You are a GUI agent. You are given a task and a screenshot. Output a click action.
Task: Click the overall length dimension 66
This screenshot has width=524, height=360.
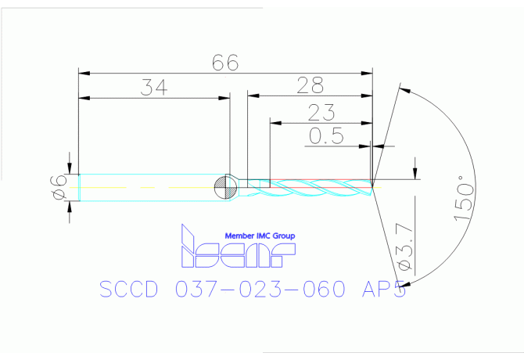pos(225,63)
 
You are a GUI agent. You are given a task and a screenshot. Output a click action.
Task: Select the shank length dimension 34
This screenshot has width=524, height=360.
pos(154,87)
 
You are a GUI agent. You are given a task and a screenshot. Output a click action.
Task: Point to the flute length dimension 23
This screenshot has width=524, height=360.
pos(321,111)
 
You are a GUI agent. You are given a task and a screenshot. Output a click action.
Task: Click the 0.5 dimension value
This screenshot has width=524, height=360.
pos(326,136)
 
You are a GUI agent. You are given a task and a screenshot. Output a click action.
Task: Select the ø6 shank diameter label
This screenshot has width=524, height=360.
pos(56,188)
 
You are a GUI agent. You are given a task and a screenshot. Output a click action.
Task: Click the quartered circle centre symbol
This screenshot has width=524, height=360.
pos(225,187)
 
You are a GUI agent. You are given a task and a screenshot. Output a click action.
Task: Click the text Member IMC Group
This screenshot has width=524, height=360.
pos(260,236)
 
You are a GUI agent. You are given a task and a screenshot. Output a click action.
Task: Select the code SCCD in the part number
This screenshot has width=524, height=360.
pos(129,290)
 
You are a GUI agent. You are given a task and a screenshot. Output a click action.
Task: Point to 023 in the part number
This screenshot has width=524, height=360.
pos(257,290)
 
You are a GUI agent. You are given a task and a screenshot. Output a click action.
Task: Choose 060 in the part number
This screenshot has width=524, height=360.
pos(318,290)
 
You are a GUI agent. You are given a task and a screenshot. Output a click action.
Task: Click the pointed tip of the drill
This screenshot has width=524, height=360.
pos(372,185)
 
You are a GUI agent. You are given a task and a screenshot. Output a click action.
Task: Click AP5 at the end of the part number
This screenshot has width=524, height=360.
pos(379,290)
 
